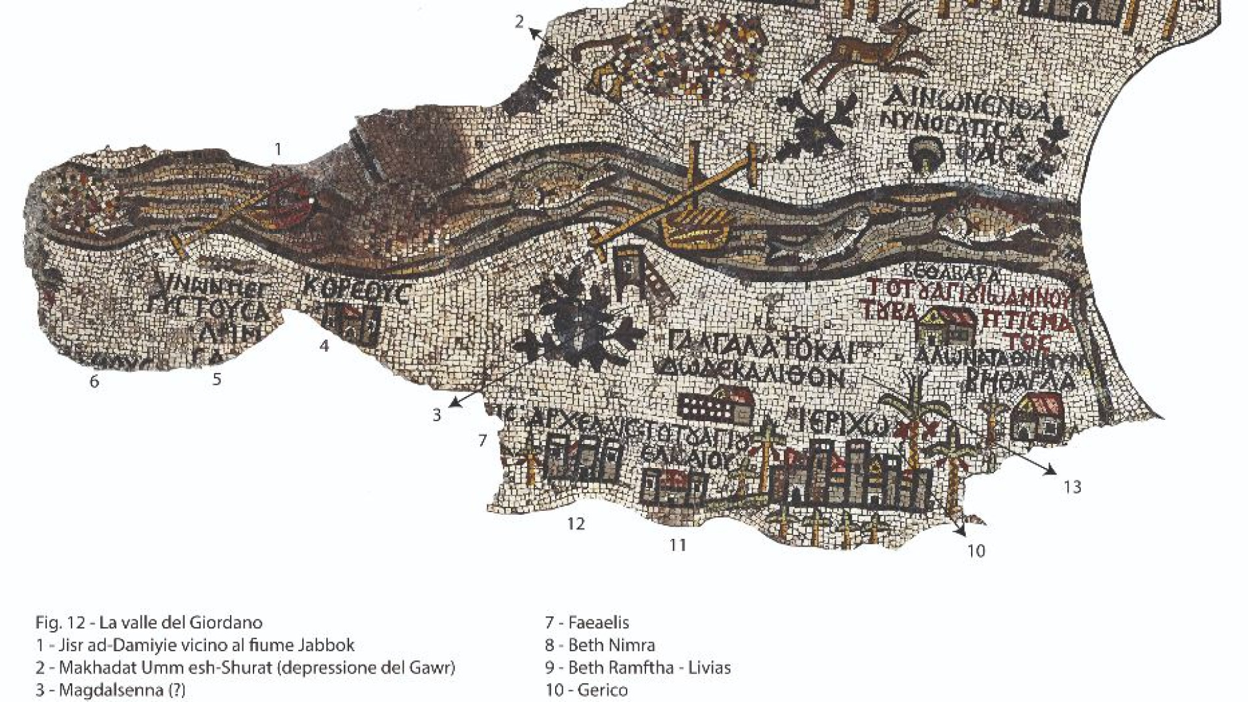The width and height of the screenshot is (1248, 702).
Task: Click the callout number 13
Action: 1072,486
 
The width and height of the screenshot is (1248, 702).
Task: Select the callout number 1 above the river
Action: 278,150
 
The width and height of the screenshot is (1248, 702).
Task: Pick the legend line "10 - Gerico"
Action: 586,689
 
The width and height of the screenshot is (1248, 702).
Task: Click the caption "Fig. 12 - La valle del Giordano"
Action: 149,623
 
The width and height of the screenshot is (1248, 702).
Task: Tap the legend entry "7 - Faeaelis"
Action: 587,623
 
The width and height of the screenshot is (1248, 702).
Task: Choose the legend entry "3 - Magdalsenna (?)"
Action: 110,689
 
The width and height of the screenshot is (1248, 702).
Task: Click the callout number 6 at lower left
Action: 94,382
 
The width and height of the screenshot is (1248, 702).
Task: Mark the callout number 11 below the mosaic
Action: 678,545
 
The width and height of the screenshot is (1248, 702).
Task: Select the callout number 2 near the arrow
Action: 519,22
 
